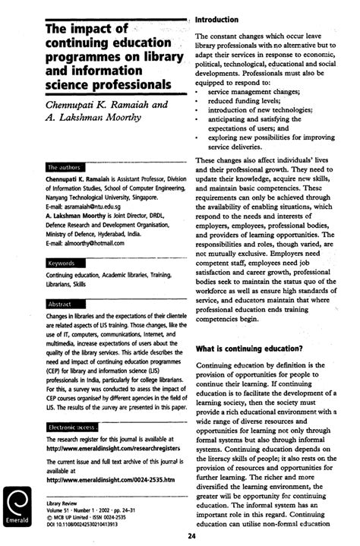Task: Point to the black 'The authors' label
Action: click(64, 166)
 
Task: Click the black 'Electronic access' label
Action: click(71, 428)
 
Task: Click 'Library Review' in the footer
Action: click(62, 502)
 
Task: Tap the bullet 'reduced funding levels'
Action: click(238, 101)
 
